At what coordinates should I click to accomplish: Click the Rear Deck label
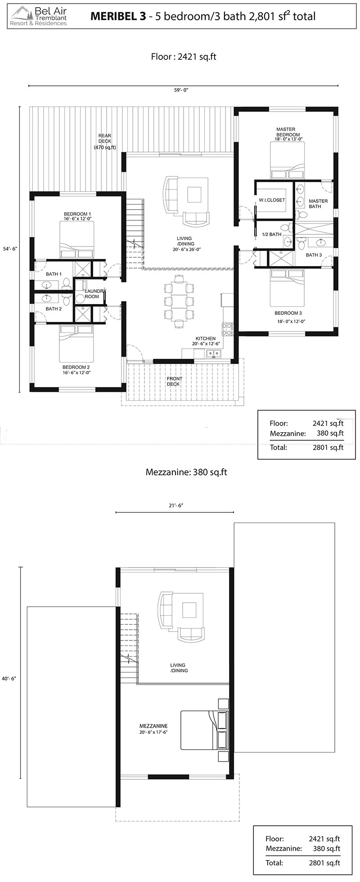(x=105, y=142)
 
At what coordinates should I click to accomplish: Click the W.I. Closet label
(x=272, y=200)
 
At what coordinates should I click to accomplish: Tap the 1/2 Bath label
(x=272, y=234)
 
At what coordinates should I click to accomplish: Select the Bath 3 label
(x=314, y=255)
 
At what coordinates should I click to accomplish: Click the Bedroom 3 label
(x=288, y=313)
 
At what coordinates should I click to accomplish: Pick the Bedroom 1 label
(x=77, y=214)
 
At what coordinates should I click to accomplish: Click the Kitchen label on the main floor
(x=206, y=339)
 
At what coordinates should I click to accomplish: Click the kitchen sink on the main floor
(x=213, y=354)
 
